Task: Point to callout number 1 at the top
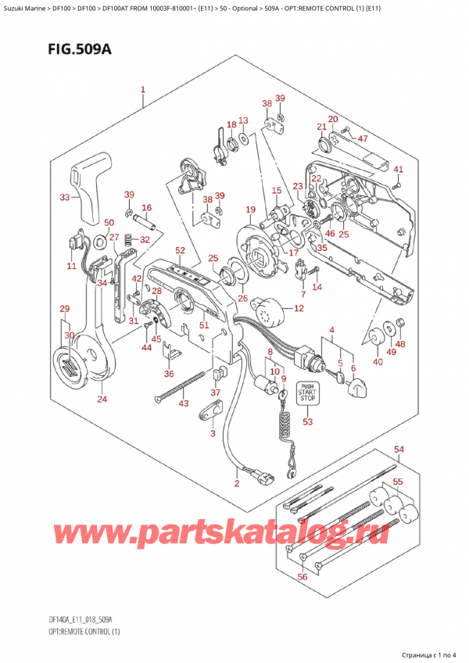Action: [x=143, y=90]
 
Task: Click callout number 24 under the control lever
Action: [x=102, y=400]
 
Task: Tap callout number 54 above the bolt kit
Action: [x=399, y=450]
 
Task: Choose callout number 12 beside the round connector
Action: [x=298, y=310]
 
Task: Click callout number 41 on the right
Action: [x=398, y=170]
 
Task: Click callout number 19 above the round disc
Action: [x=250, y=210]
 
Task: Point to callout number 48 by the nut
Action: [x=400, y=345]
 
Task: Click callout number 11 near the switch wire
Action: [x=72, y=267]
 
